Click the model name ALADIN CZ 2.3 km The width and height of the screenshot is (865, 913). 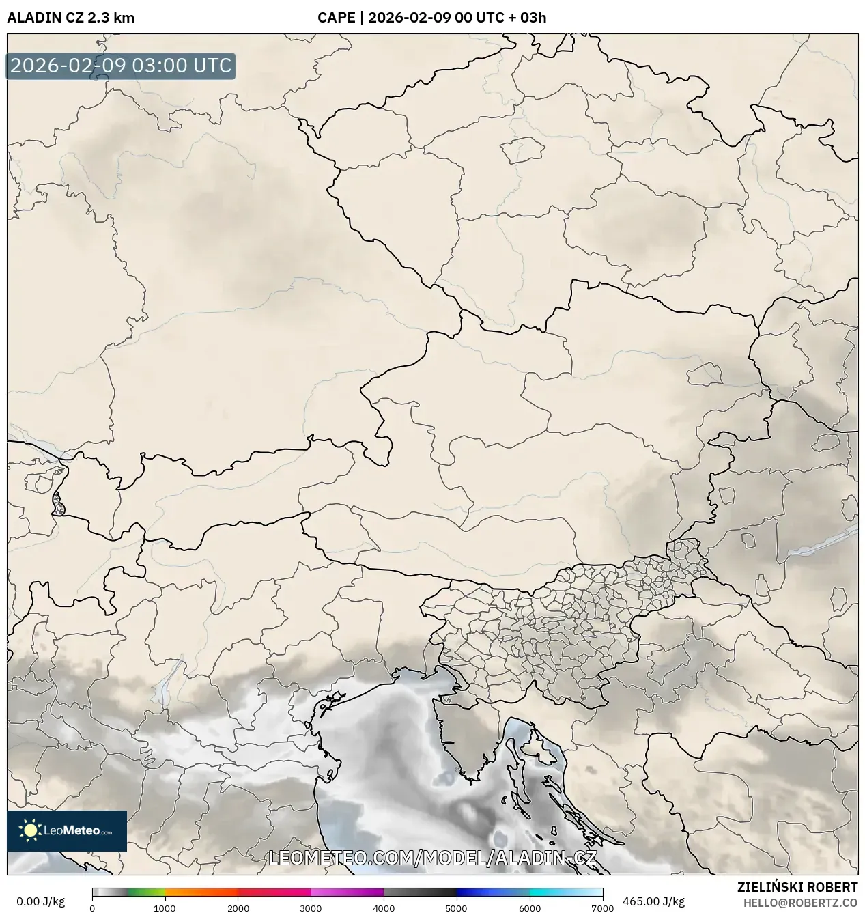coord(70,18)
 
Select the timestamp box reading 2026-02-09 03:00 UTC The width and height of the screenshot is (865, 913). coord(121,66)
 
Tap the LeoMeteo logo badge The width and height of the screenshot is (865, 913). coord(67,830)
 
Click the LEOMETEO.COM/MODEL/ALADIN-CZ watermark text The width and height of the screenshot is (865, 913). coord(433,858)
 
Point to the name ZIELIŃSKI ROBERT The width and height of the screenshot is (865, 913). coord(797,887)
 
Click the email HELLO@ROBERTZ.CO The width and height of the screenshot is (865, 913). coord(800,902)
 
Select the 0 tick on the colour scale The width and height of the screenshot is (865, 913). coord(92,908)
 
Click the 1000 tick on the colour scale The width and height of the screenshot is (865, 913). coord(165,908)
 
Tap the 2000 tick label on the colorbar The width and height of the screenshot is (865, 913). coord(238,908)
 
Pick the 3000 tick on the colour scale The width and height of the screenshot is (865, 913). coord(311,908)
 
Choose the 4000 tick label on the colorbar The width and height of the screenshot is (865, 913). coord(384,908)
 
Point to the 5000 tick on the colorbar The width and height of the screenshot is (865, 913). coord(456,908)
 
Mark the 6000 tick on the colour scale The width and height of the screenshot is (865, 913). coord(529,908)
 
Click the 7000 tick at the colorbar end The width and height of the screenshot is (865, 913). coord(602,908)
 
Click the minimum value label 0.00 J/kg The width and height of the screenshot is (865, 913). coord(40,901)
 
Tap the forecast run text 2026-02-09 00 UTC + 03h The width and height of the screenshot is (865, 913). coord(457,18)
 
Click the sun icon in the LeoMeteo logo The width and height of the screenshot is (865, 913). coord(30,830)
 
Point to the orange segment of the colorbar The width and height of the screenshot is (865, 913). coord(201,893)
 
